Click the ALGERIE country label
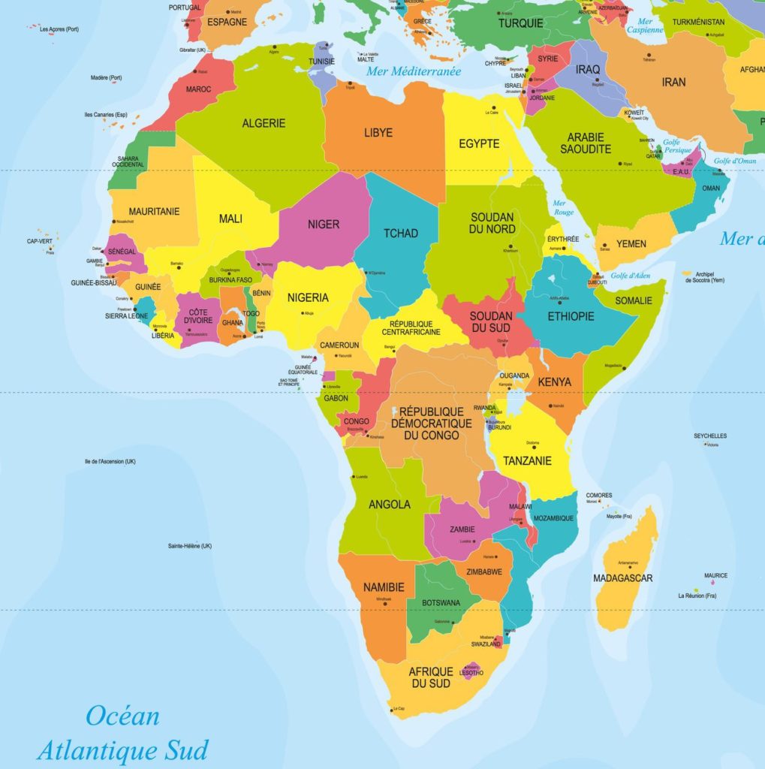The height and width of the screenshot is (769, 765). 264,123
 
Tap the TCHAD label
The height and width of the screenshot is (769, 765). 401,234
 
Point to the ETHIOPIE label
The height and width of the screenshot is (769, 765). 571,316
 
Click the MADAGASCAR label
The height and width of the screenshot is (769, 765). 623,578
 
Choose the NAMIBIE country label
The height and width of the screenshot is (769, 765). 384,587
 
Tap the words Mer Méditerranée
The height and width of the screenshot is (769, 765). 414,71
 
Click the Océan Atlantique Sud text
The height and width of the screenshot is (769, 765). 122,732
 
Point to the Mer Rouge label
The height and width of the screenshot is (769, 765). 562,207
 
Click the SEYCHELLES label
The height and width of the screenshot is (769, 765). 710,436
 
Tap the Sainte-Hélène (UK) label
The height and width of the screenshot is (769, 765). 190,546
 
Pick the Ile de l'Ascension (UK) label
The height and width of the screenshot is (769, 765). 110,461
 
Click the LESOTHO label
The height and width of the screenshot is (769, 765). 471,673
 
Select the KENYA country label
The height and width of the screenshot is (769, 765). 555,382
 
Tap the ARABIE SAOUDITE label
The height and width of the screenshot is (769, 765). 586,143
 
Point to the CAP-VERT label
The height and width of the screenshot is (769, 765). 40,241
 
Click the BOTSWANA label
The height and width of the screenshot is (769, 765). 441,603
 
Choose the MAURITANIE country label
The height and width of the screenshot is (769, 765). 154,212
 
